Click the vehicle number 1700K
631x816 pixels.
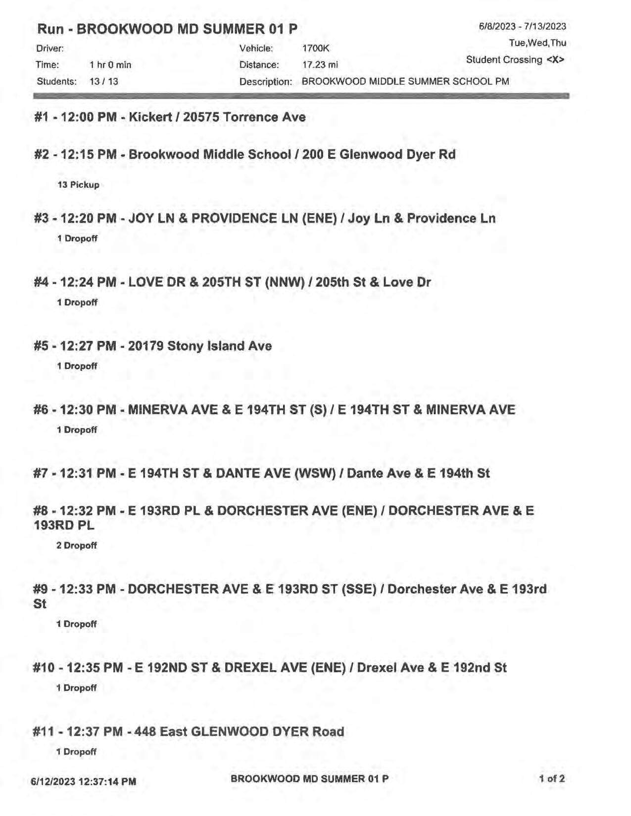[x=315, y=48]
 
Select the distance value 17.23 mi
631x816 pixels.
[x=320, y=65]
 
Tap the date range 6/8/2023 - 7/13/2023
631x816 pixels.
[x=522, y=27]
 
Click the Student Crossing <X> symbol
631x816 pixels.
[x=555, y=60]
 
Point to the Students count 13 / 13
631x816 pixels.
[x=103, y=81]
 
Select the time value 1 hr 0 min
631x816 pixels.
[x=110, y=65]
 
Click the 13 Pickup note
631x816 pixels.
[x=78, y=185]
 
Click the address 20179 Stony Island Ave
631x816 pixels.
[x=200, y=346]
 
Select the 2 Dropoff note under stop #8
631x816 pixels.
[x=76, y=545]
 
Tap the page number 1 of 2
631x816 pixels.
[x=552, y=779]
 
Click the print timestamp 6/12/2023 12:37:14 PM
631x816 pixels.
[x=83, y=782]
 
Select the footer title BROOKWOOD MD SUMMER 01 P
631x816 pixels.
[x=309, y=779]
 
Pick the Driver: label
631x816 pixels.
[x=50, y=48]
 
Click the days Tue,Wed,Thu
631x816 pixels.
[x=537, y=43]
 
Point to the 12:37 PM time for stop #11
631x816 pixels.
[x=95, y=731]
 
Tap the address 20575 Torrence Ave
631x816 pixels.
[x=244, y=117]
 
